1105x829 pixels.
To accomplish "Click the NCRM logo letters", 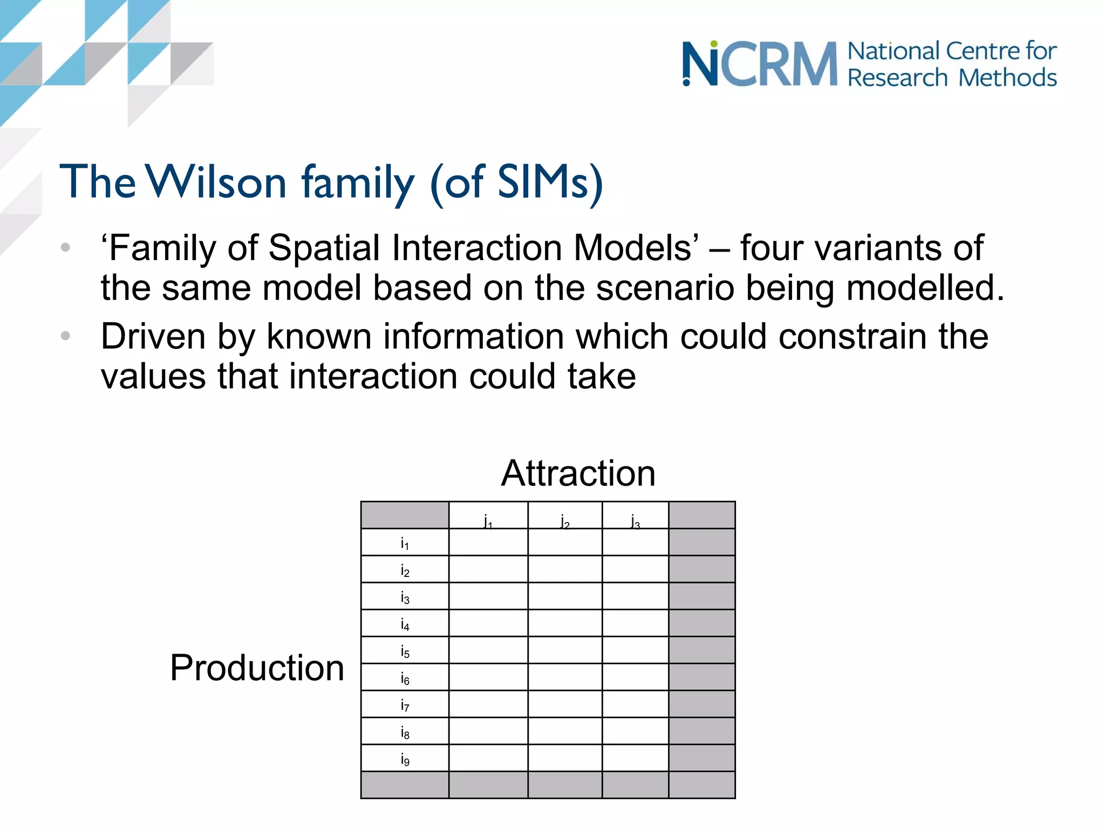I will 760,64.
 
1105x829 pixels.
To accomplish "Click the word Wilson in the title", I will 216,182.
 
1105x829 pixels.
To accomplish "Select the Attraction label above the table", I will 578,473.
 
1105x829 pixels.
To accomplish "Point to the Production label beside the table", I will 257,668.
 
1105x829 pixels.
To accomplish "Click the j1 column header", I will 488,521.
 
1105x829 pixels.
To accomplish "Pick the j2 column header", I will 565,521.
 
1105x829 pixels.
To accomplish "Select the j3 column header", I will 635,521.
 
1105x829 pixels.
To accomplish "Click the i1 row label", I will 405,543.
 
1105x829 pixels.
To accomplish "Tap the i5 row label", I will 405,651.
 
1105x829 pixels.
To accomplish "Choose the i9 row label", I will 405,759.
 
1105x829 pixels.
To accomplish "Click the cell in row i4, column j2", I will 565,623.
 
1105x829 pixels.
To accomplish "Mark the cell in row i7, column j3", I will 635,704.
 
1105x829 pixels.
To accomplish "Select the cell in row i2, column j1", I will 488,569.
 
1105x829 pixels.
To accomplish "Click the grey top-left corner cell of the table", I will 405,515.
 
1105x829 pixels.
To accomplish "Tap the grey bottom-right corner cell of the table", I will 701,785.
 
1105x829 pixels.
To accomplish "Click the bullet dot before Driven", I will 66,336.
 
